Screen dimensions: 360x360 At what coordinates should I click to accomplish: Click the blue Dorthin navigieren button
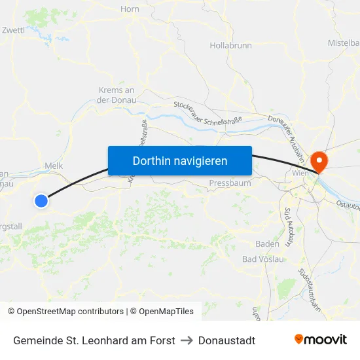click(x=180, y=160)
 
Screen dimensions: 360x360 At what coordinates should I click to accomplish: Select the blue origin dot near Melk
click(x=41, y=201)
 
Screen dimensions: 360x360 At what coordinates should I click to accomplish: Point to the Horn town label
click(x=130, y=9)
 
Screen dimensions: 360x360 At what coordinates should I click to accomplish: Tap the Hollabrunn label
click(x=230, y=46)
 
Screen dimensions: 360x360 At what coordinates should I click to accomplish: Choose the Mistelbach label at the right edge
click(x=344, y=43)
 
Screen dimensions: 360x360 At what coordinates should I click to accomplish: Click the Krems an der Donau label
click(x=116, y=95)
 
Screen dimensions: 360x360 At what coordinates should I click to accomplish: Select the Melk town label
click(x=54, y=167)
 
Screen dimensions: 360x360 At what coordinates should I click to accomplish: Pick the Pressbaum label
click(x=230, y=183)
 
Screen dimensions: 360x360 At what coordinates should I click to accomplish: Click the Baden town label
click(x=267, y=243)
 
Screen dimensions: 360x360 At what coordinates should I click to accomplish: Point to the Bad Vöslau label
click(x=263, y=259)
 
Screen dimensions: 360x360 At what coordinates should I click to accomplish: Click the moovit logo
click(x=320, y=340)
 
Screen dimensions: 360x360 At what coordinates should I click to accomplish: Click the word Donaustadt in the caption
click(x=226, y=340)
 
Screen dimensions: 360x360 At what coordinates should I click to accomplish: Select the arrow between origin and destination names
click(x=187, y=340)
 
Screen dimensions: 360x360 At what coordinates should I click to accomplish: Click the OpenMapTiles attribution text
click(x=162, y=312)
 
